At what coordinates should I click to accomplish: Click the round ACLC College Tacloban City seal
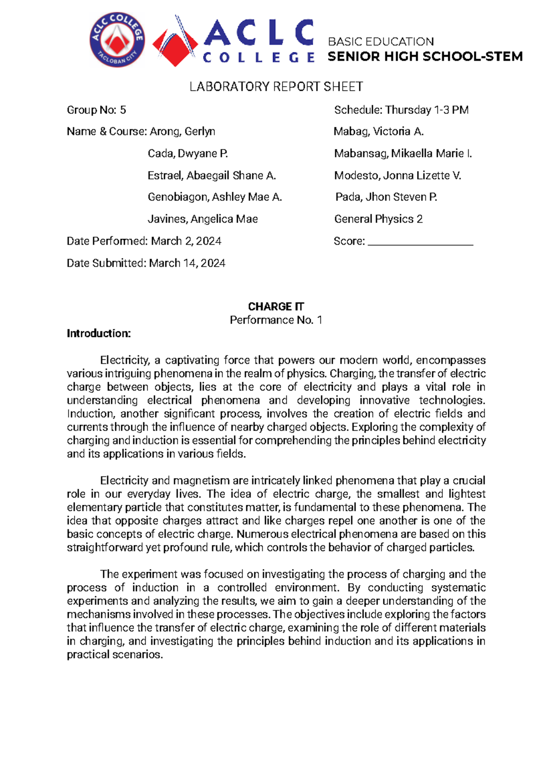pyautogui.click(x=117, y=40)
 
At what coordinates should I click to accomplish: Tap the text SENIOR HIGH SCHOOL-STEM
pyautogui.click(x=425, y=57)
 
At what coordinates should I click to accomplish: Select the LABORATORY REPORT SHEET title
pyautogui.click(x=276, y=87)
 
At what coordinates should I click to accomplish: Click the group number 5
pyautogui.click(x=123, y=110)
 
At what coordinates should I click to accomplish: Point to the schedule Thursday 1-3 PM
pyautogui.click(x=427, y=110)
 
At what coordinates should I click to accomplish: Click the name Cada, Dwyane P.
pyautogui.click(x=188, y=154)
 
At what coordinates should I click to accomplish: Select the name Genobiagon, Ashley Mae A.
pyautogui.click(x=214, y=197)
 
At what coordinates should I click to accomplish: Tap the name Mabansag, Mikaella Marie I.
pyautogui.click(x=403, y=154)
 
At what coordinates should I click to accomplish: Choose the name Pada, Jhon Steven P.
pyautogui.click(x=386, y=197)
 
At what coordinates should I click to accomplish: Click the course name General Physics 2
pyautogui.click(x=378, y=219)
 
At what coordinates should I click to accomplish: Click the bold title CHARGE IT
pyautogui.click(x=276, y=307)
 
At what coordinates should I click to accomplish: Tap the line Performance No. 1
pyautogui.click(x=276, y=320)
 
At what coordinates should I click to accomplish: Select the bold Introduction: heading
pyautogui.click(x=99, y=333)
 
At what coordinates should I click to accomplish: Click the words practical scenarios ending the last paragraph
pyautogui.click(x=115, y=655)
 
